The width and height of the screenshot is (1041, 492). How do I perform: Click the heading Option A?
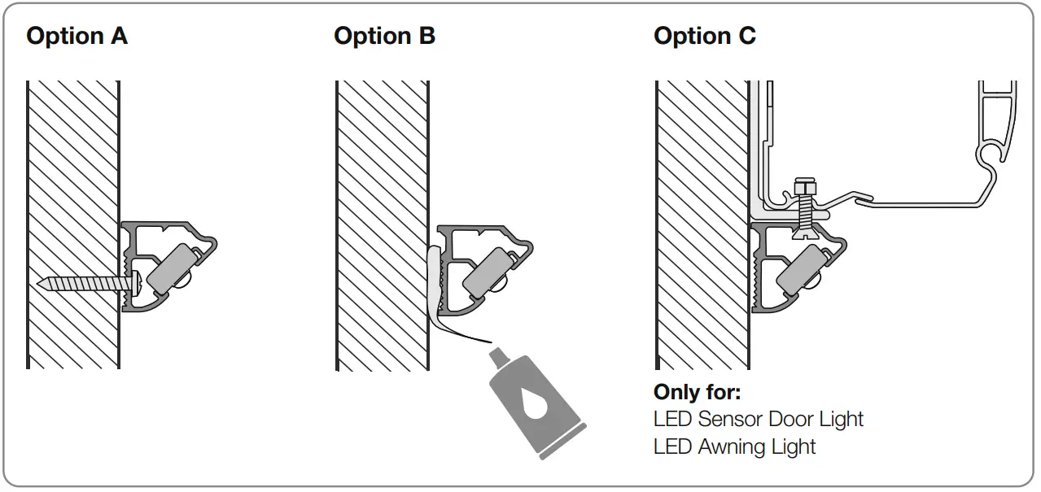[77, 37]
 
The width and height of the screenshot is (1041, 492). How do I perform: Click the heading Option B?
[384, 37]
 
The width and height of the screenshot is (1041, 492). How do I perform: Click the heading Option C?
[705, 37]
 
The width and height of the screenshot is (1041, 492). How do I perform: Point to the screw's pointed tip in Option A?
[42, 284]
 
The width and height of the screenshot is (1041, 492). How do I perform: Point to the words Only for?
[697, 392]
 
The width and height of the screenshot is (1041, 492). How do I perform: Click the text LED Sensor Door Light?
[758, 420]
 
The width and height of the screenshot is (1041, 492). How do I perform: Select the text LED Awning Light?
[734, 446]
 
